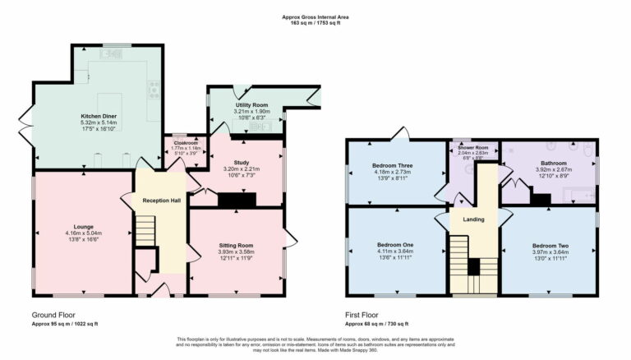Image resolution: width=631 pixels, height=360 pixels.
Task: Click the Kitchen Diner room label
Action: (97, 116)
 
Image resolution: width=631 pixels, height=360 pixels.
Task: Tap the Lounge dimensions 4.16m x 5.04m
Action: (83, 233)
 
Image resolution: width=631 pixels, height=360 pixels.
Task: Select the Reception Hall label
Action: (161, 201)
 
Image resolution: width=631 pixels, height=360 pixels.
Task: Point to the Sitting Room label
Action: (236, 245)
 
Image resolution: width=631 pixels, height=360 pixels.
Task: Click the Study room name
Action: (241, 163)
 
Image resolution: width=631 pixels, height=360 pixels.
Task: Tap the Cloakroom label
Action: (186, 143)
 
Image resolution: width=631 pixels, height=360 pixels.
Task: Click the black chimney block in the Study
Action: (237, 199)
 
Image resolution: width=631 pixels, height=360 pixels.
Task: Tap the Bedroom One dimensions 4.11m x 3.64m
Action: (395, 252)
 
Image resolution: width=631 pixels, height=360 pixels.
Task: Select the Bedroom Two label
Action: (549, 246)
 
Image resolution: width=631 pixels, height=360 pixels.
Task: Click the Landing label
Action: (473, 219)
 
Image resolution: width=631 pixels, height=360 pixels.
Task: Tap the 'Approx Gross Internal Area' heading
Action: (315, 16)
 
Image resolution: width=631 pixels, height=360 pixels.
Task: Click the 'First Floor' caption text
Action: (362, 316)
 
